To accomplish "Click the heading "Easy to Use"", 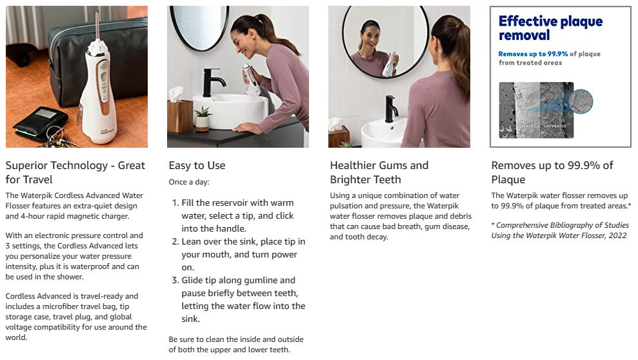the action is (197, 166).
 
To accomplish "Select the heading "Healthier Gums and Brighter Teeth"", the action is (379, 172).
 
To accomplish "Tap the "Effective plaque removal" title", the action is (550, 28).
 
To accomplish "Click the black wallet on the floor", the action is (40, 123).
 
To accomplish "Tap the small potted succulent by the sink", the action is (202, 118).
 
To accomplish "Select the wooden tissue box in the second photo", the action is (179, 115).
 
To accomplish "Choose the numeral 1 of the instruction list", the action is (175, 203).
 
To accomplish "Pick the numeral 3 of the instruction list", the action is (175, 280).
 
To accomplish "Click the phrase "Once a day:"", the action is (189, 182).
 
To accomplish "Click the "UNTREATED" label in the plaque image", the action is (555, 126).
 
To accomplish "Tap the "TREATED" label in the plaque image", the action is (528, 126).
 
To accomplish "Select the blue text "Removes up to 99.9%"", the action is (533, 54).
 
